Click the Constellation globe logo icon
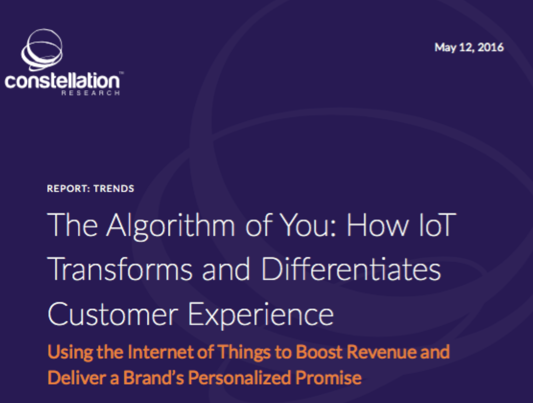(x=42, y=49)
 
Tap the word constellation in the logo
(x=62, y=81)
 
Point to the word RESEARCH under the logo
(x=90, y=93)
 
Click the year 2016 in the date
(x=490, y=47)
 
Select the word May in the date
(x=445, y=48)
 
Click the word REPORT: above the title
(x=68, y=189)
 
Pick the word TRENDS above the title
(x=114, y=189)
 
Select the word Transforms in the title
(x=120, y=269)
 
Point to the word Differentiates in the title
(x=351, y=269)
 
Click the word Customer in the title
(x=113, y=314)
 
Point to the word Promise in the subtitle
(x=329, y=378)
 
